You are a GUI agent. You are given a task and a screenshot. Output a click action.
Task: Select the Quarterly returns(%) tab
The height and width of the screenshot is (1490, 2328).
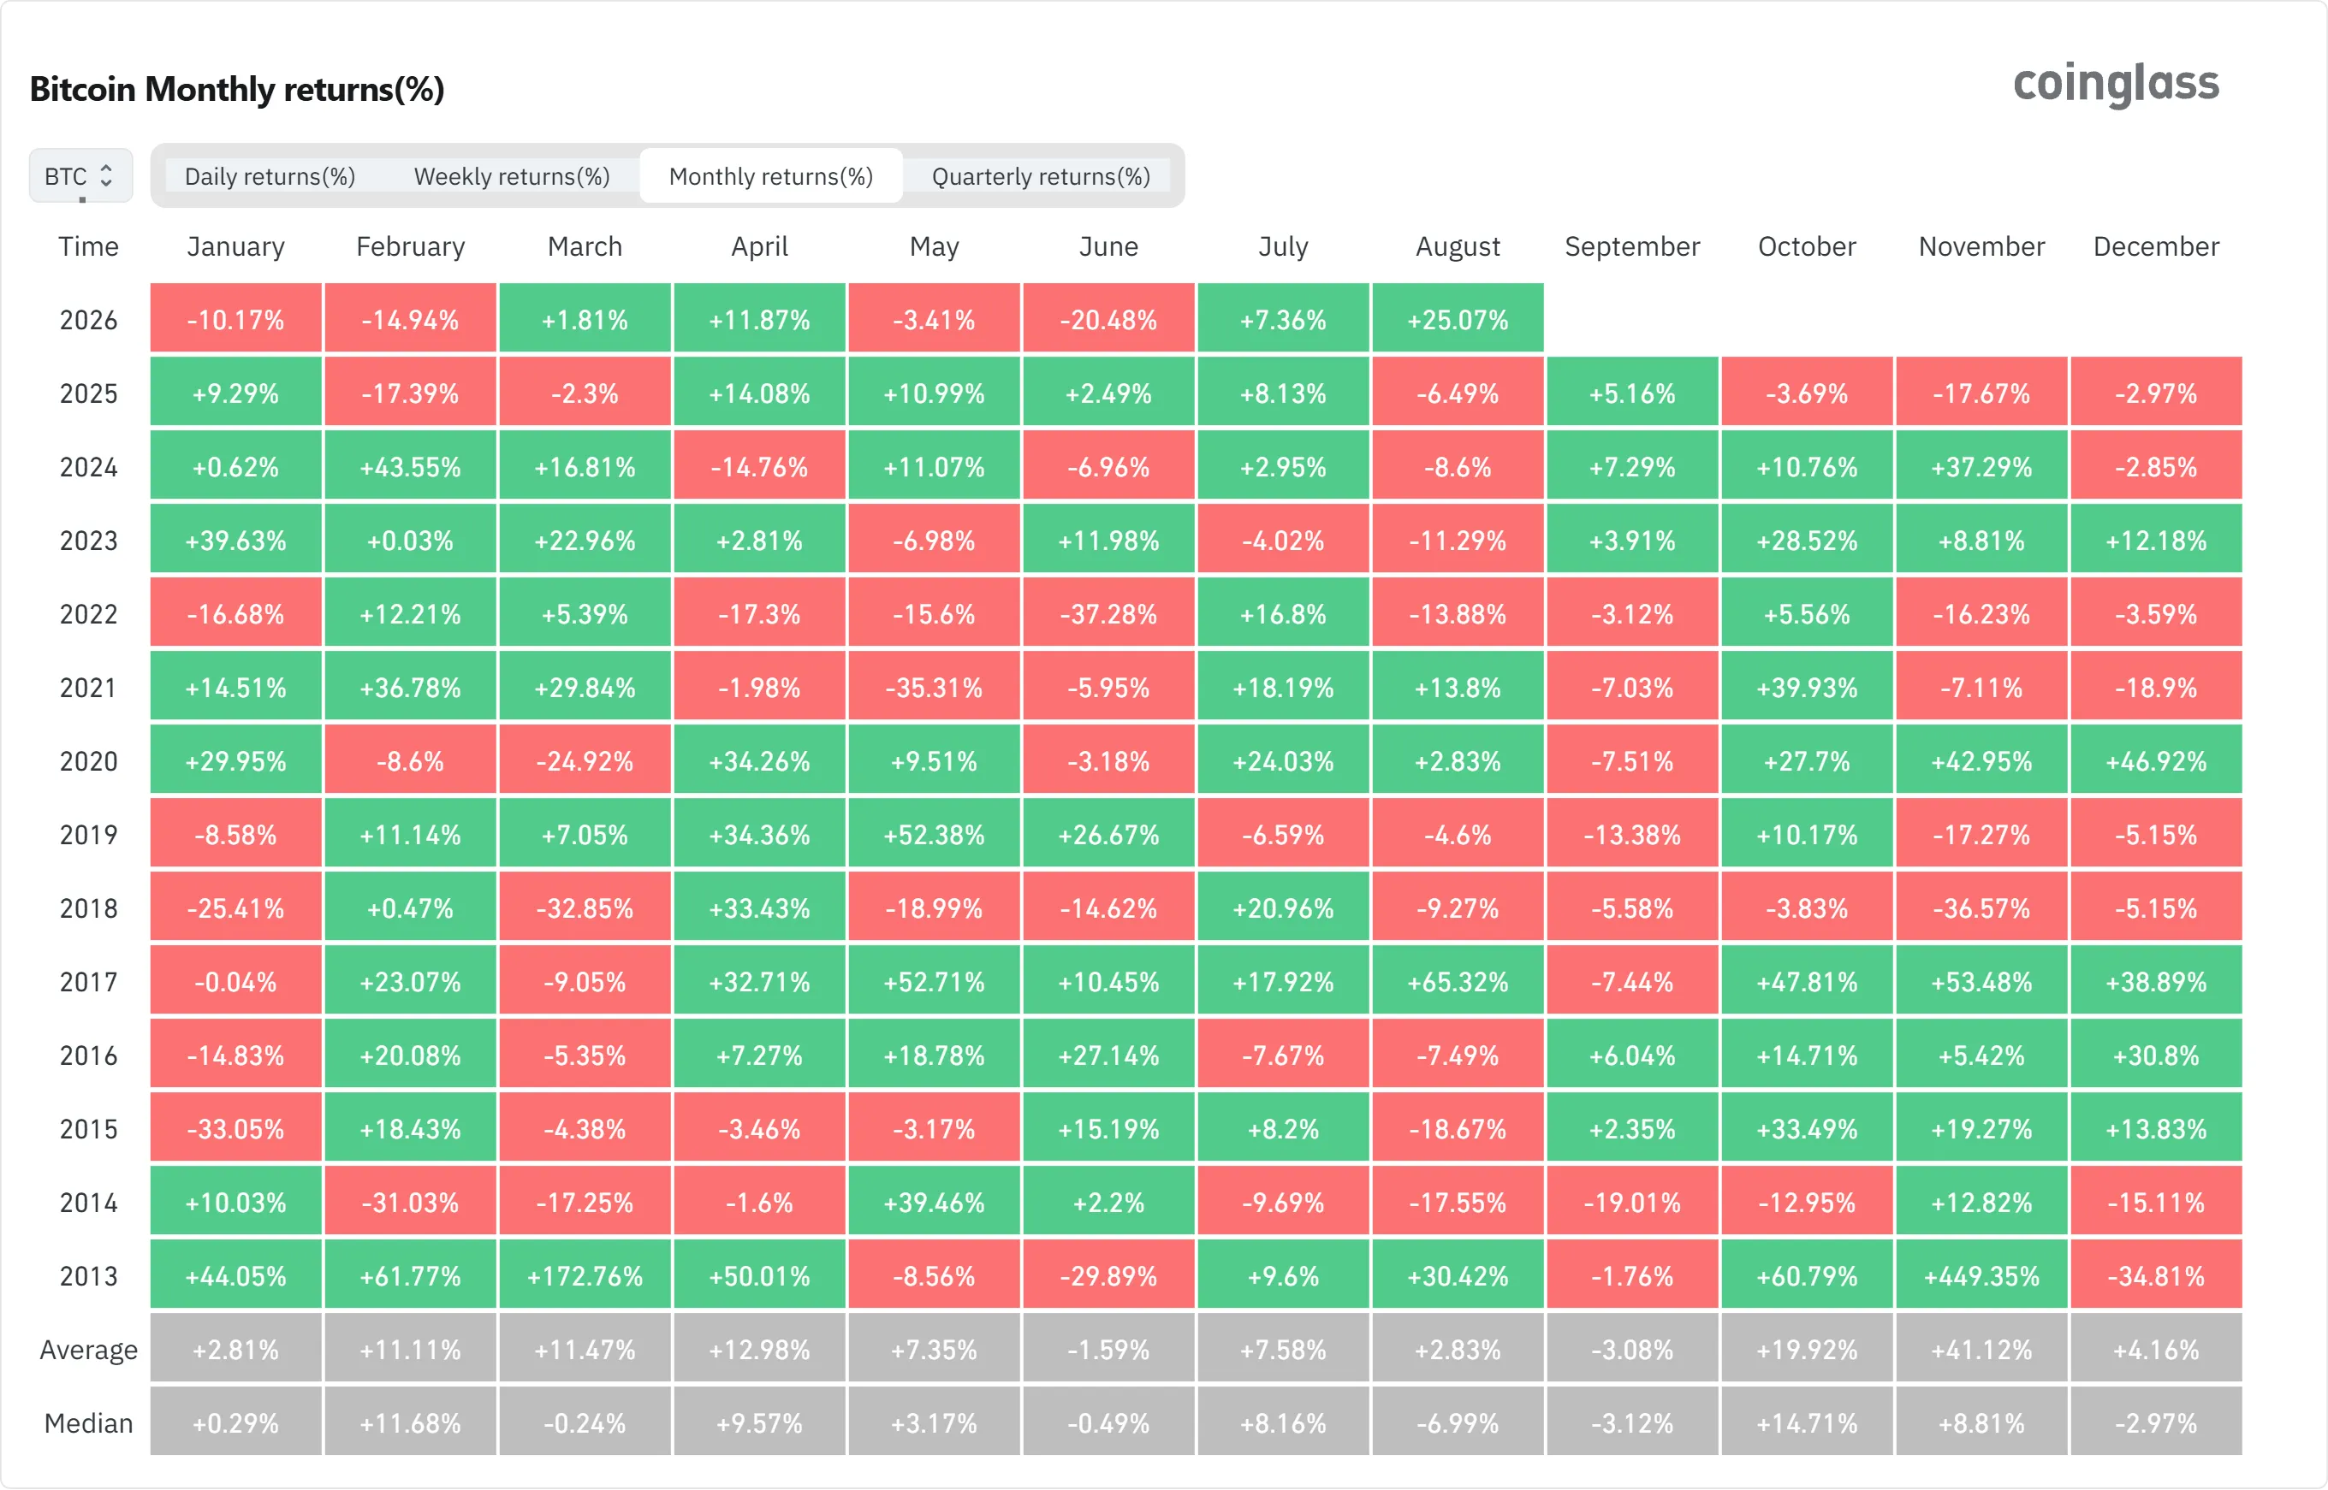(1041, 176)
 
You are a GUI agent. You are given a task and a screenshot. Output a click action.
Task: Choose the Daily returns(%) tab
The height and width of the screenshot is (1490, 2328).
(270, 176)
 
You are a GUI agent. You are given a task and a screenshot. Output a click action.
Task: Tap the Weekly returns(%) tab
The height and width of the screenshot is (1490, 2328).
(512, 176)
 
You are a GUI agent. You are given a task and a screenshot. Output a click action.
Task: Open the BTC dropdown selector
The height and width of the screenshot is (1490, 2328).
(80, 176)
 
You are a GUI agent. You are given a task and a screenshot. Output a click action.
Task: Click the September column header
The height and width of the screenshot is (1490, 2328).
(1632, 246)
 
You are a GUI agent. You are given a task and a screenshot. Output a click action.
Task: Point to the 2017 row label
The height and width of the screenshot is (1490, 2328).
(88, 982)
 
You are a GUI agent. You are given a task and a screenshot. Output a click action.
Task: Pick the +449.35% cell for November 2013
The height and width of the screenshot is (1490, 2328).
(1981, 1276)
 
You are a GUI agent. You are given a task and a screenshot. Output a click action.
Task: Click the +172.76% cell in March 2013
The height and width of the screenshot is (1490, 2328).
(585, 1276)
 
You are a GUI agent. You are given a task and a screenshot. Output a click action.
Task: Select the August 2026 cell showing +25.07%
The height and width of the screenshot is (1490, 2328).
(1458, 319)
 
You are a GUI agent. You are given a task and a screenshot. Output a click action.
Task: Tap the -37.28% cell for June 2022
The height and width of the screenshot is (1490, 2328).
(1108, 614)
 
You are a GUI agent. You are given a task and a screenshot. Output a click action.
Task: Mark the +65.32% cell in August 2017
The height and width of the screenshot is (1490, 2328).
(1458, 982)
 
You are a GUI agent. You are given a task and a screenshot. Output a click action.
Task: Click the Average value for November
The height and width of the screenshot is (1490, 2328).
(1981, 1350)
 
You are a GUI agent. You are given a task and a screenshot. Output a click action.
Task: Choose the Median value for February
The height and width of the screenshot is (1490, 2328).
(411, 1423)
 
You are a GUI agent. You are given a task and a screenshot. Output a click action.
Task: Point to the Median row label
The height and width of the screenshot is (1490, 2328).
(88, 1423)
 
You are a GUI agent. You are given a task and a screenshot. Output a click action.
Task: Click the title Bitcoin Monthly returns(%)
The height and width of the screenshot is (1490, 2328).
(237, 89)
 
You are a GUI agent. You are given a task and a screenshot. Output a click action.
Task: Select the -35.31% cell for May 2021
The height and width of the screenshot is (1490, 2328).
(934, 688)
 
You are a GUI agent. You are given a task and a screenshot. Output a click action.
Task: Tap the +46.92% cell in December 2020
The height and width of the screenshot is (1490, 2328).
(2156, 761)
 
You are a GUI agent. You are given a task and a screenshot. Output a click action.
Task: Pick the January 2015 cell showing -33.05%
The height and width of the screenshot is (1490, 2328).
(235, 1129)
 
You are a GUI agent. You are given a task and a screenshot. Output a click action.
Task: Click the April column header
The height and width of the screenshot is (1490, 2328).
(760, 246)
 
